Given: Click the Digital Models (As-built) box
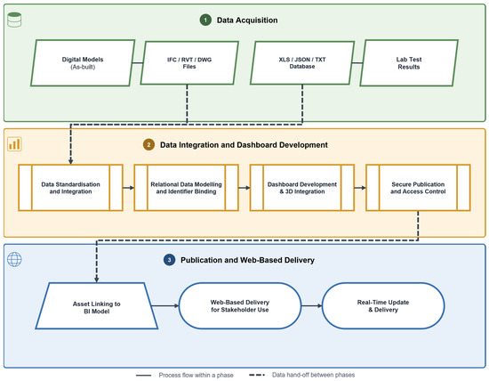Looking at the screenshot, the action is click(83, 63).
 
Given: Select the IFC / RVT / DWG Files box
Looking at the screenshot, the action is click(189, 63).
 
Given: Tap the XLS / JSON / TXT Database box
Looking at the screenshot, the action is click(302, 63).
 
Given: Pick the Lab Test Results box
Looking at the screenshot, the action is click(409, 63).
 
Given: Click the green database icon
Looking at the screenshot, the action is click(14, 20).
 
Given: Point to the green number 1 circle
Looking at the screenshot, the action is click(205, 20).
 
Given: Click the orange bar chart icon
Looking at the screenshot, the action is click(14, 144).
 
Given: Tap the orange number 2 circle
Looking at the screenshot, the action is click(148, 144).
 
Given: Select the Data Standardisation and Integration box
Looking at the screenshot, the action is click(70, 188).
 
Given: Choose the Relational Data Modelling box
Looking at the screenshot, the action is click(186, 188).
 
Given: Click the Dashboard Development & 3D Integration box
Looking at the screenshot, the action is click(302, 188).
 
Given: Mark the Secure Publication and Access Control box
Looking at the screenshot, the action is click(418, 188).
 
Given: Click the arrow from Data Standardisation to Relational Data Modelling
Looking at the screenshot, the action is click(129, 188).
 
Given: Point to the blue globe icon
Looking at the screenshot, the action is click(14, 259).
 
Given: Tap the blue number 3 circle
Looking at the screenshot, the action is click(169, 260).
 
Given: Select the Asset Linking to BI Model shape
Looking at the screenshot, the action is click(97, 305).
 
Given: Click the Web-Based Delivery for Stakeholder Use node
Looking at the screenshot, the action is click(240, 305).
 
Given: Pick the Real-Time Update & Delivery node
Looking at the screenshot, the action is click(383, 305).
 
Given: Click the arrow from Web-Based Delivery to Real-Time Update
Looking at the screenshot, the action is click(311, 305).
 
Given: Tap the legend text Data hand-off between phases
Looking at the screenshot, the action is click(313, 375).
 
